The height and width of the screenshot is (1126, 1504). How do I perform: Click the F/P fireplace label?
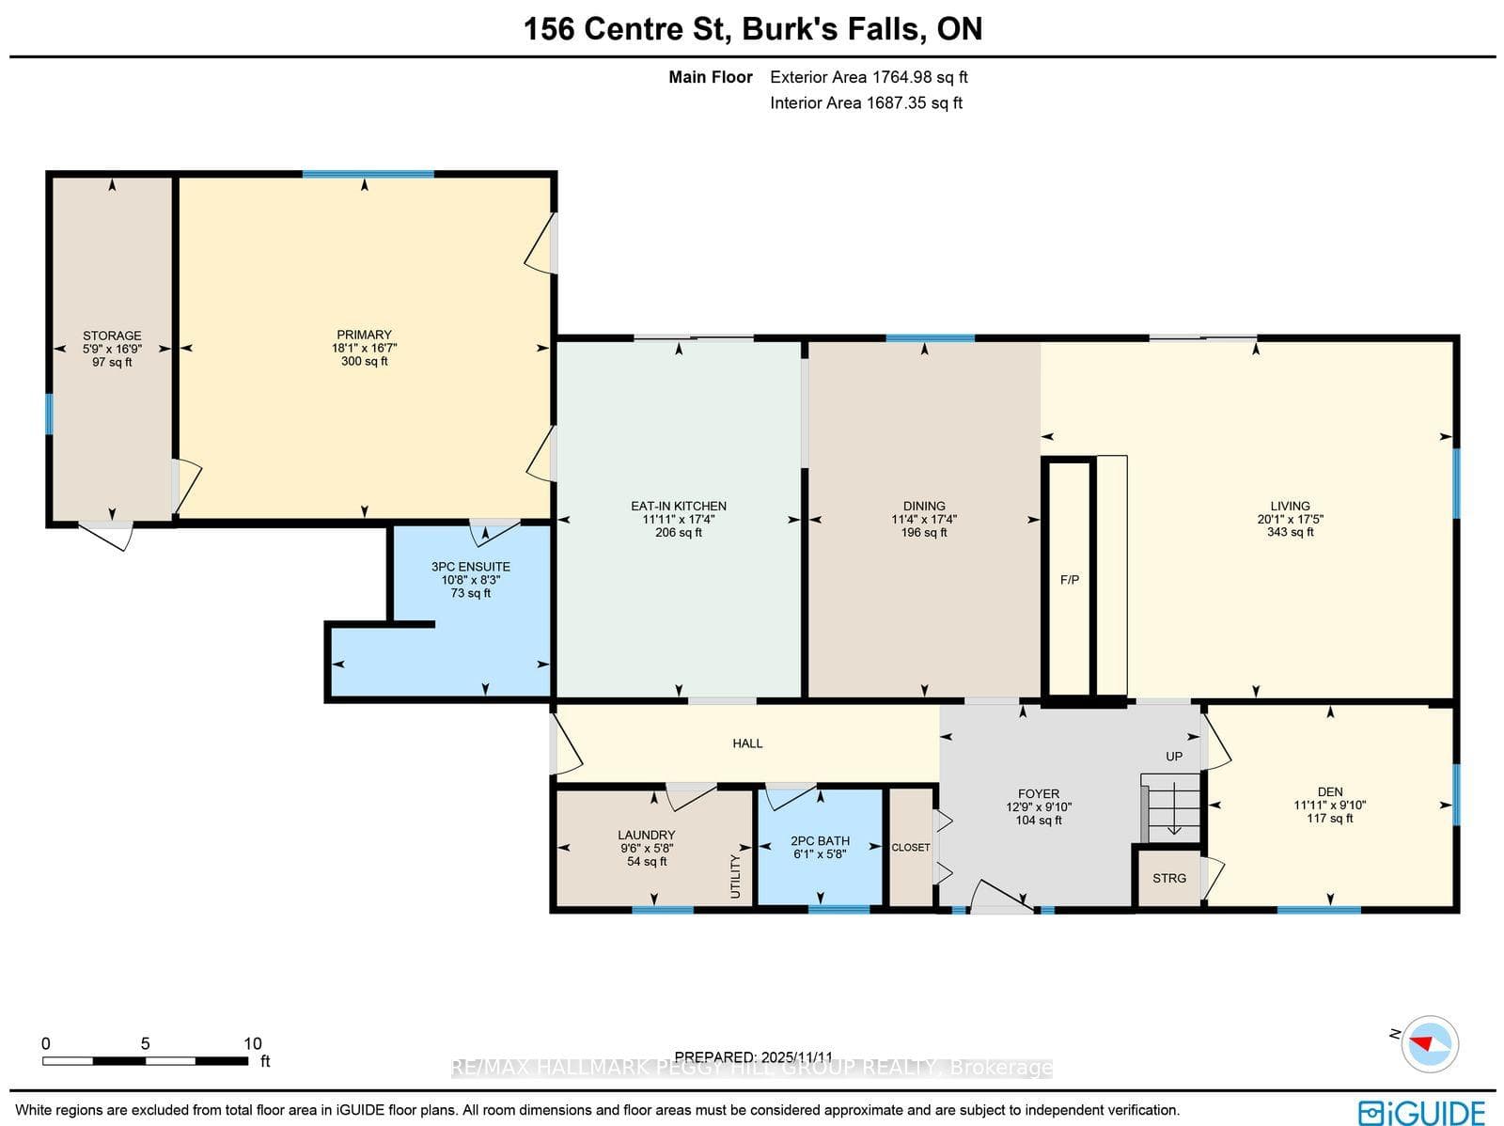[1069, 580]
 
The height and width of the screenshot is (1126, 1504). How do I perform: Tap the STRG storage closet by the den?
[1169, 879]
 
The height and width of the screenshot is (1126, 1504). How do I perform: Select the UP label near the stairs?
[1174, 756]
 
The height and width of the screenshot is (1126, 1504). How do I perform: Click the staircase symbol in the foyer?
[1171, 807]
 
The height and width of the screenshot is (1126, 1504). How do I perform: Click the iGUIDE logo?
[1422, 1111]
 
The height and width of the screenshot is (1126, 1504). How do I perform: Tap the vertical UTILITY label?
[735, 876]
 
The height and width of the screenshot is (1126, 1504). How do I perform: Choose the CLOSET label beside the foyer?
[910, 848]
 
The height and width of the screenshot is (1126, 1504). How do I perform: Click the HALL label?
[747, 743]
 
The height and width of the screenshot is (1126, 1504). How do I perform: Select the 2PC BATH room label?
[820, 841]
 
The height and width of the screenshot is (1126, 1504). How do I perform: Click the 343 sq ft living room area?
[1290, 532]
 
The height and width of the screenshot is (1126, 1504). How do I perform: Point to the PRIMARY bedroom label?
[364, 335]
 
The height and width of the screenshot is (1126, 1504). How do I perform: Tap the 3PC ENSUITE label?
[470, 567]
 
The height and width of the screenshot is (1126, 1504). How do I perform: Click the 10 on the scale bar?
[252, 1043]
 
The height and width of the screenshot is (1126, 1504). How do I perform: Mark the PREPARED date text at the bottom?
[753, 1056]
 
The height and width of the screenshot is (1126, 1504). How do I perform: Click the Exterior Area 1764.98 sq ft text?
[869, 77]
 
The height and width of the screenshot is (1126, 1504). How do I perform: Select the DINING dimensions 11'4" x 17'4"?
[924, 519]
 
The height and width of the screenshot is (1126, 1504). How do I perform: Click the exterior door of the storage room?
[106, 535]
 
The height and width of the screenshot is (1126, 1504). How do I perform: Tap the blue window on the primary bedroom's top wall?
[368, 174]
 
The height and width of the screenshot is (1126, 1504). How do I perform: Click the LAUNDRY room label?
[646, 835]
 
